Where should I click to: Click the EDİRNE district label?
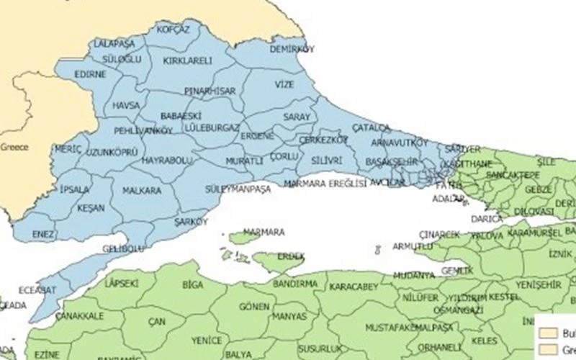[x=90, y=74]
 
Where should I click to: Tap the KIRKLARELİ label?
[x=188, y=61]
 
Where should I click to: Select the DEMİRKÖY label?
[x=292, y=49]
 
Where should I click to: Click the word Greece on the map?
[x=14, y=147]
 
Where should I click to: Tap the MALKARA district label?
[x=142, y=191]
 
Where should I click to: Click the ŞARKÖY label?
[x=190, y=222]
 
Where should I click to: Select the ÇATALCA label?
[x=372, y=127]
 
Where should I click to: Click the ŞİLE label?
[x=546, y=163]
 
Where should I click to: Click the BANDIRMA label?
[x=295, y=284]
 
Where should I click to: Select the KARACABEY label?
[x=354, y=287]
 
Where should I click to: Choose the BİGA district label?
[x=193, y=285]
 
